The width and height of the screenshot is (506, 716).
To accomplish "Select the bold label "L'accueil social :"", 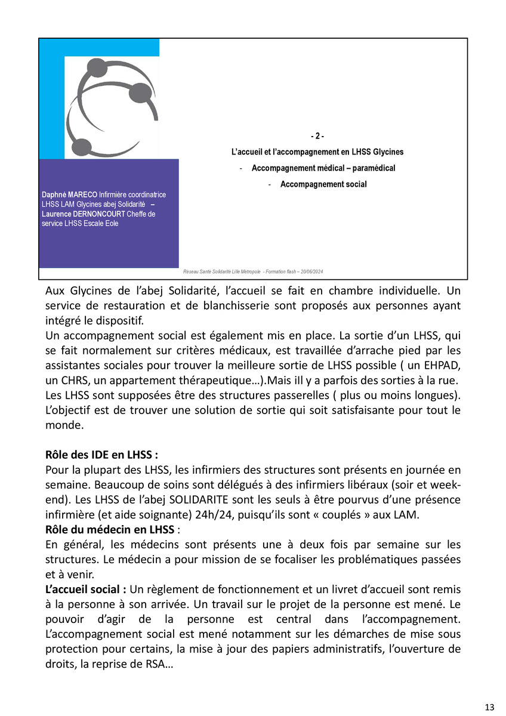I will [x=85, y=590].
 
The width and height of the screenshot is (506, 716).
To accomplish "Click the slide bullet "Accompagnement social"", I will [x=323, y=184].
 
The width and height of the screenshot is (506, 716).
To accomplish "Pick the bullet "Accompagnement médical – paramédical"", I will [x=323, y=168].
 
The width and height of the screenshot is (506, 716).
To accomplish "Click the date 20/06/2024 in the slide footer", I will [x=310, y=272].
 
